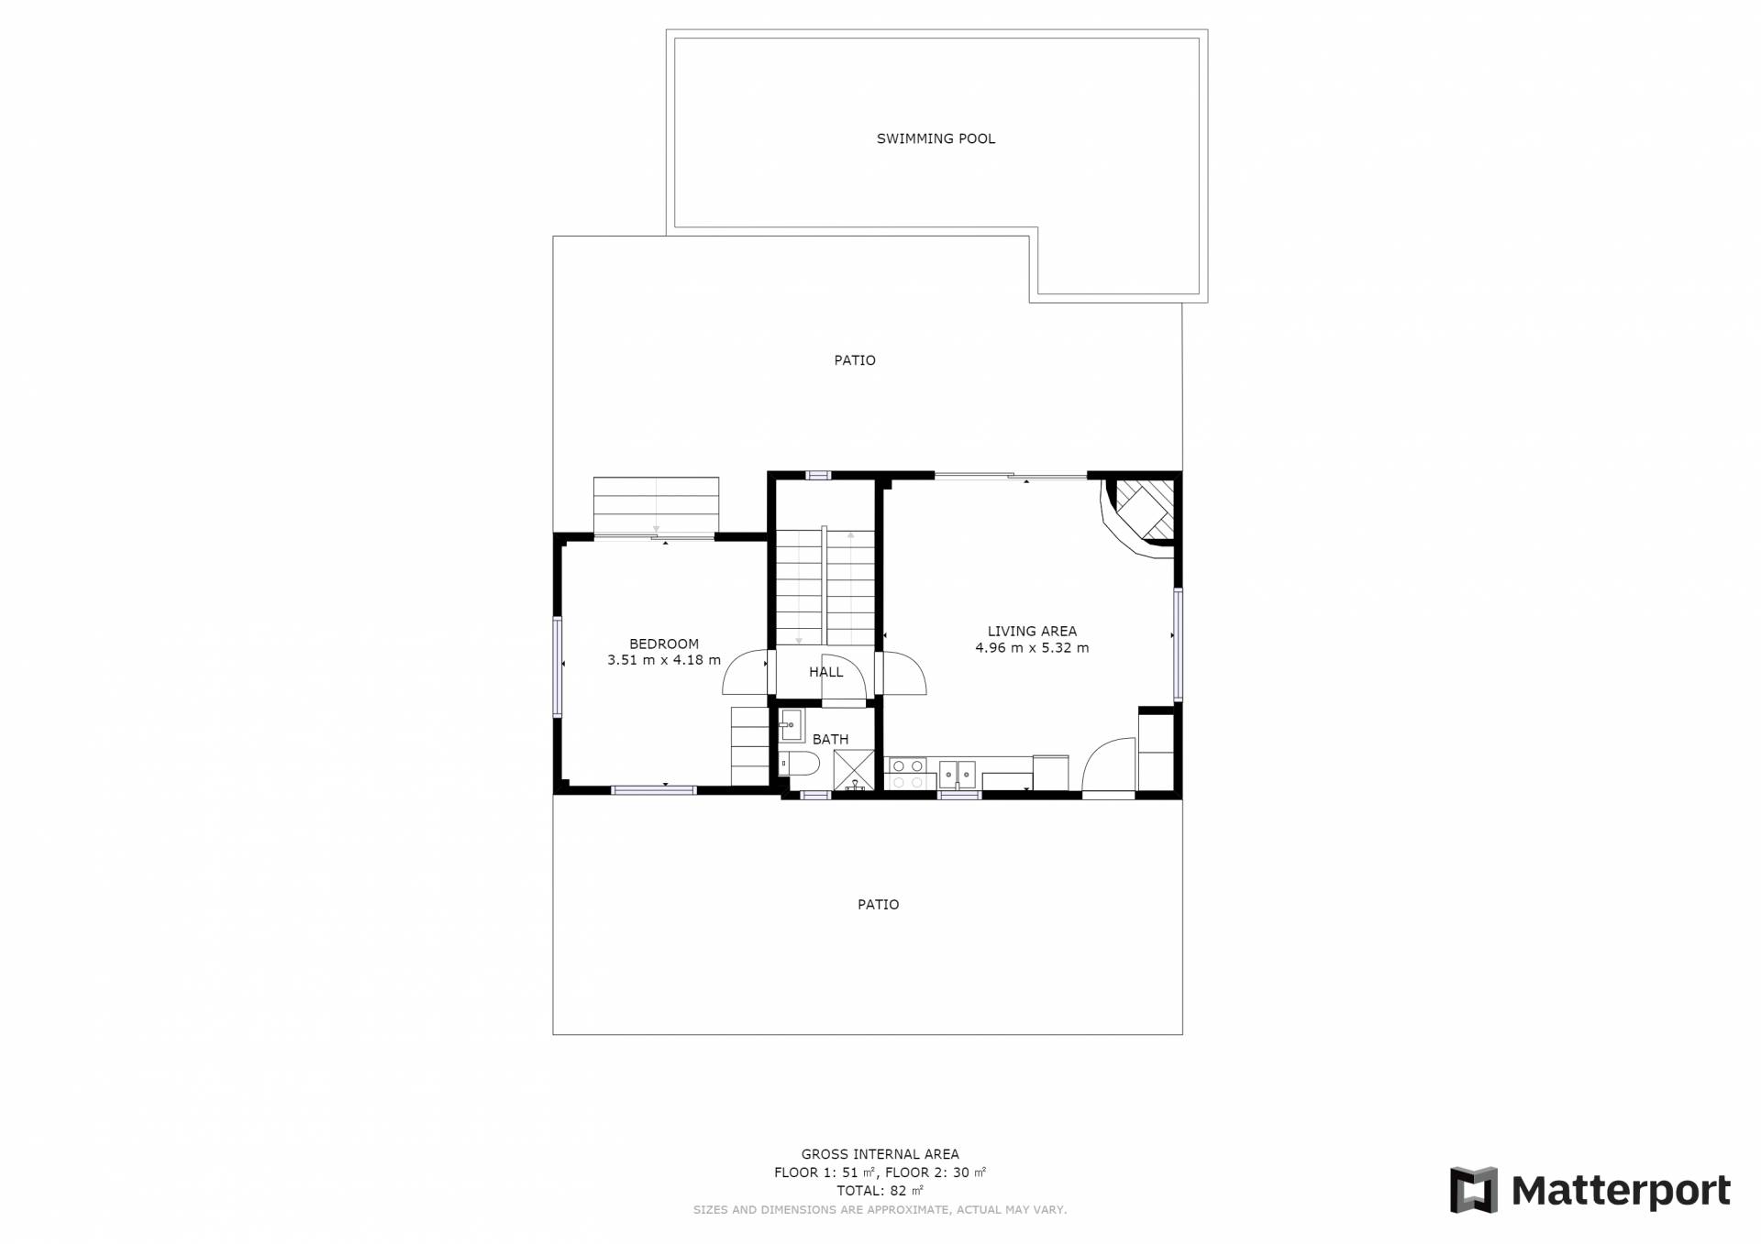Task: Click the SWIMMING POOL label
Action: point(936,138)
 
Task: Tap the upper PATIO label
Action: point(855,360)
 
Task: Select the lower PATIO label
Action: point(878,905)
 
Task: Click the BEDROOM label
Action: point(664,644)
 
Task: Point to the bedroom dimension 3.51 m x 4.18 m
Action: point(664,660)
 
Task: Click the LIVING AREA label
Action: point(1032,631)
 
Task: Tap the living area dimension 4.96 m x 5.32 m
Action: point(1032,647)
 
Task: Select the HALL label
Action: point(825,672)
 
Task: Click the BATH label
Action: point(830,739)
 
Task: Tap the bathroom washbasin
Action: point(791,724)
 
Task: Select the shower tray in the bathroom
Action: point(854,770)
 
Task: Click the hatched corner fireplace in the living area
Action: point(1142,513)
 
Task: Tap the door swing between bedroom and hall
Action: point(744,672)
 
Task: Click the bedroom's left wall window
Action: point(557,666)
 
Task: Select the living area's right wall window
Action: point(1178,644)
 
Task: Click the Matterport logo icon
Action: point(1473,1190)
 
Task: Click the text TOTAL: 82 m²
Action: point(880,1191)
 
